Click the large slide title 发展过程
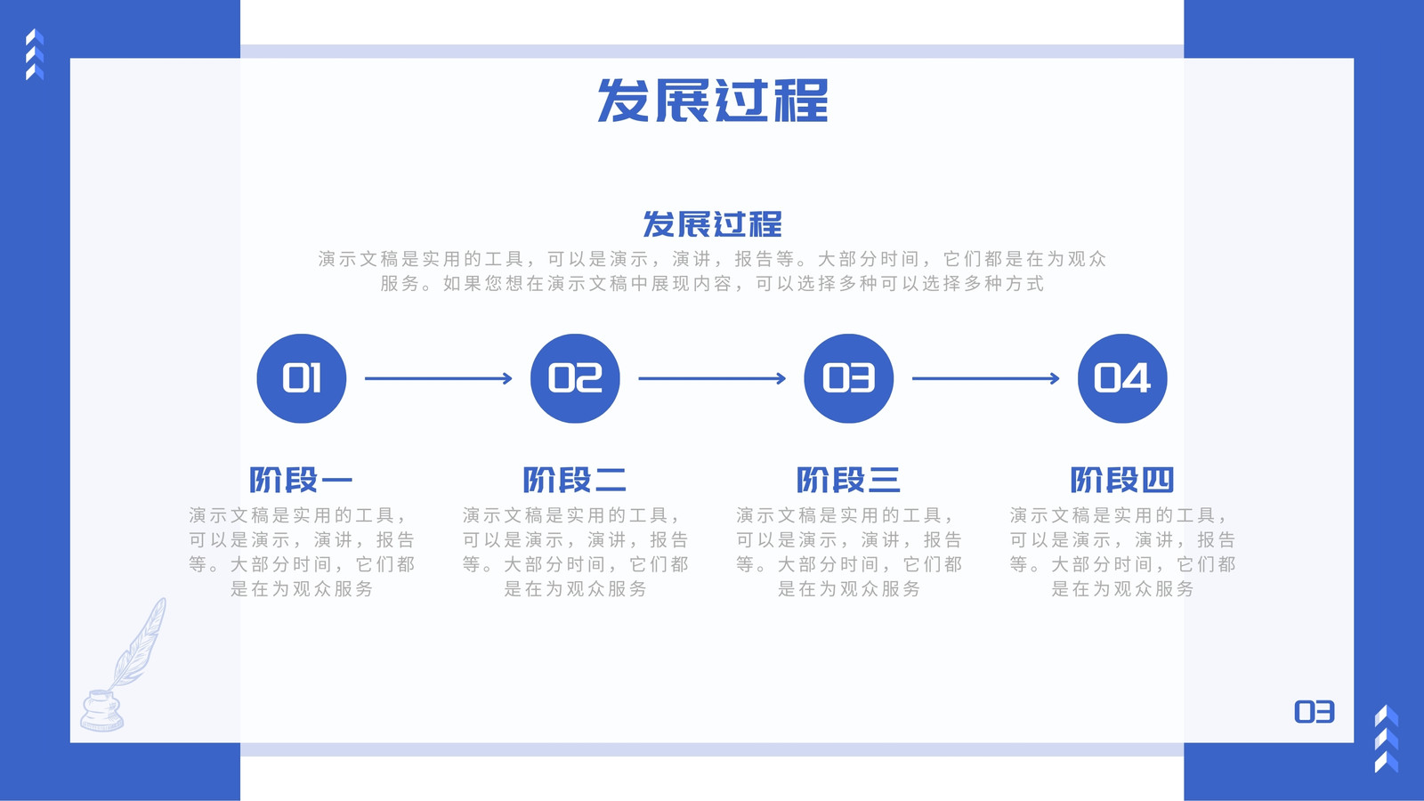[x=712, y=101]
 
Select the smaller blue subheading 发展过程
[x=712, y=223]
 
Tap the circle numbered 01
[x=302, y=378]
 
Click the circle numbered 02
[x=575, y=378]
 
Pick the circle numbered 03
[x=849, y=378]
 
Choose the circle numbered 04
[x=1122, y=378]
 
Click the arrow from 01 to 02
[x=438, y=378]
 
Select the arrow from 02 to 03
[x=712, y=378]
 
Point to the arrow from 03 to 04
[x=986, y=378]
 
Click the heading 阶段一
[x=302, y=480]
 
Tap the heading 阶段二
[x=575, y=480]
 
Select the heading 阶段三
[x=849, y=480]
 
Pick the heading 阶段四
[x=1122, y=480]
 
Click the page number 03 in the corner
[x=1314, y=712]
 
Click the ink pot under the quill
[x=101, y=711]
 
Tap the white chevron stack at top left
[x=35, y=54]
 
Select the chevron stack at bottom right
[x=1387, y=739]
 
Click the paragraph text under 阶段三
[x=849, y=552]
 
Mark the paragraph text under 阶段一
[x=302, y=552]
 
